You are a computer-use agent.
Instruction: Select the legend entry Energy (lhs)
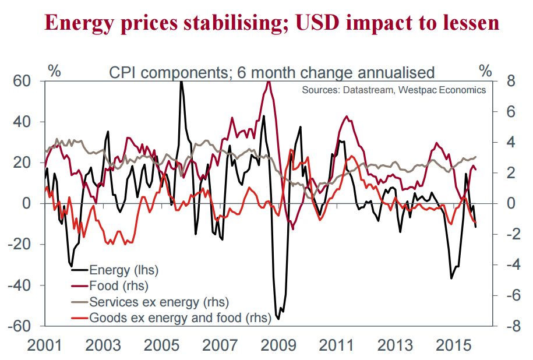point(123,270)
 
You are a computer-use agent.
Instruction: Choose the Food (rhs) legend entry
point(119,286)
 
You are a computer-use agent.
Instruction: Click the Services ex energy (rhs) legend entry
point(158,302)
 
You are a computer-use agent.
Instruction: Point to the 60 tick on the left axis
point(21,82)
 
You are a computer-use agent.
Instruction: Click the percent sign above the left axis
point(54,72)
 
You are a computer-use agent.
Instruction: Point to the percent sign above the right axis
point(485,72)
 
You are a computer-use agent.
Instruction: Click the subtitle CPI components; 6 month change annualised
point(271,73)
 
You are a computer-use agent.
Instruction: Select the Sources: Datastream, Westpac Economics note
point(394,90)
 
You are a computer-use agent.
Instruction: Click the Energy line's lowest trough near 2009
point(278,319)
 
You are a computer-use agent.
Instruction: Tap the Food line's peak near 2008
point(269,82)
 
